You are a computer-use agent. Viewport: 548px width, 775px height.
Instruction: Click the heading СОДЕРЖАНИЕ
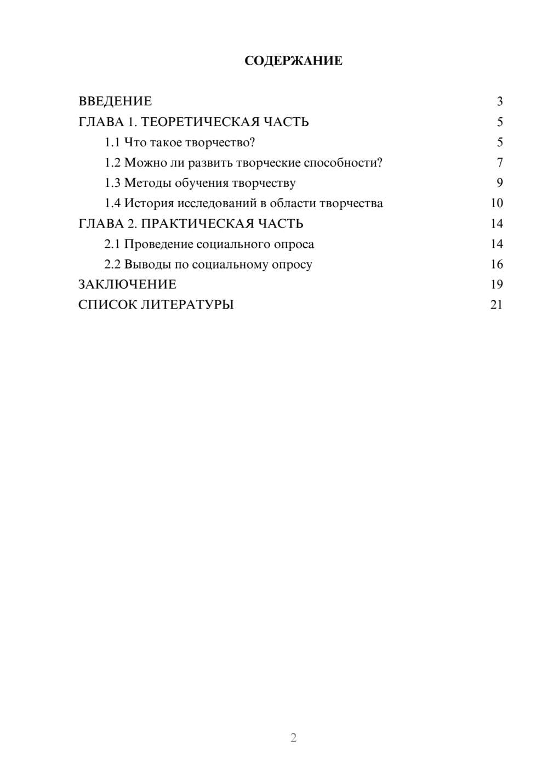point(293,61)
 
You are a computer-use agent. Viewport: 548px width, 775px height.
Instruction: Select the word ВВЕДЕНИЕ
point(115,101)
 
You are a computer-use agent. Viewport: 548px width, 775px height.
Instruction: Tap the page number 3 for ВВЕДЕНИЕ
point(499,101)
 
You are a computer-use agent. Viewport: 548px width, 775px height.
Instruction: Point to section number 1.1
point(112,143)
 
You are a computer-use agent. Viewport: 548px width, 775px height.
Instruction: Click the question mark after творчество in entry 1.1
point(252,143)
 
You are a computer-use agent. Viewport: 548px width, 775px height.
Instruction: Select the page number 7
point(499,163)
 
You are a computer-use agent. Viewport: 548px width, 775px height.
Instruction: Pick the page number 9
point(499,183)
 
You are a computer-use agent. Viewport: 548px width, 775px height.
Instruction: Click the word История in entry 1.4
point(149,203)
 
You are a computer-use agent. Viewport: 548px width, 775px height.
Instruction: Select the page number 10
point(496,203)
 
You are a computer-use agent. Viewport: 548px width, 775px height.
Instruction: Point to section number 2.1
point(112,244)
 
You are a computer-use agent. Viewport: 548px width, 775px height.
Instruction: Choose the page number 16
point(496,264)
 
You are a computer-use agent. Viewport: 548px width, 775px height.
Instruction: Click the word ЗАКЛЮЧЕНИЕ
point(127,284)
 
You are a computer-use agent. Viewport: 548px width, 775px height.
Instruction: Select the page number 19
point(496,284)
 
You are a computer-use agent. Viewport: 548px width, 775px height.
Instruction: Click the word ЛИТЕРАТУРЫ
point(187,305)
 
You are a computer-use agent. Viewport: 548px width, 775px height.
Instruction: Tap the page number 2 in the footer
point(293,738)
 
